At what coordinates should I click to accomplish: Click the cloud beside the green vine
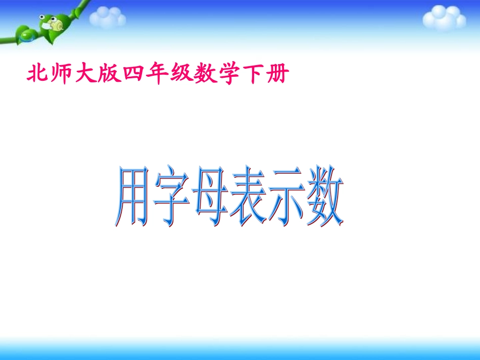[x=107, y=18]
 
